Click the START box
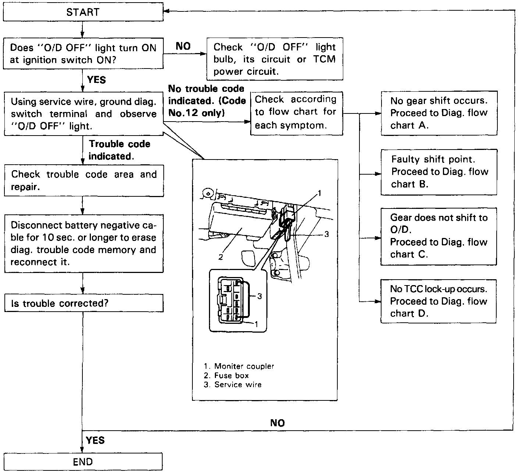pos(83,12)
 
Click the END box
pos(83,462)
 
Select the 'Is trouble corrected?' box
pos(84,303)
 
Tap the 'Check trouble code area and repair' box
pos(84,181)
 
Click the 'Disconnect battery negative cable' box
pos(84,243)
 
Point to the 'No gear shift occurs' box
pos(439,113)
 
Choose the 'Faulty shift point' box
pos(439,172)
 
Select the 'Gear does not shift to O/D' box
pos(439,236)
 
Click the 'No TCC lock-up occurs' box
pos(439,301)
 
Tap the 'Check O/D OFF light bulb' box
pos(274,59)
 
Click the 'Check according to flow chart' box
pos(296,112)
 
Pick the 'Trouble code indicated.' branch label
pos(119,150)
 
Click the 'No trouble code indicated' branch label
pos(207,101)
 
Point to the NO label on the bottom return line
pos(277,423)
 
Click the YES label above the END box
pos(95,440)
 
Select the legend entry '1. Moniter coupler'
pos(239,366)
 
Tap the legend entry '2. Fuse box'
pos(226,375)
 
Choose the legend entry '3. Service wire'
pos(233,385)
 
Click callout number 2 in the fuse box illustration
pos(220,257)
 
